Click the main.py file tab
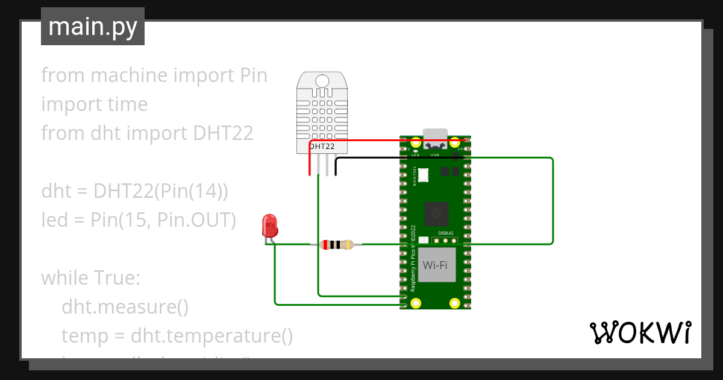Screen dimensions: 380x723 [x=92, y=27]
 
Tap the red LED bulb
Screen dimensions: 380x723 [x=269, y=226]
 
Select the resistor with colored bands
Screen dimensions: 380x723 [x=337, y=244]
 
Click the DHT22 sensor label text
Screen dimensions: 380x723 [x=322, y=146]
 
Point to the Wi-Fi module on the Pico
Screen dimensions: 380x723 [x=437, y=265]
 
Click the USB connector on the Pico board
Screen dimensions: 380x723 [x=435, y=136]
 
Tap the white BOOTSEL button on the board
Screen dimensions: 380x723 [x=424, y=175]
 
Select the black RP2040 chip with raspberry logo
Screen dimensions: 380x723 [x=436, y=213]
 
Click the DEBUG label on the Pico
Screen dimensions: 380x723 [x=446, y=232]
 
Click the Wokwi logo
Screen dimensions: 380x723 [x=639, y=332]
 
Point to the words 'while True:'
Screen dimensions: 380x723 [x=90, y=278]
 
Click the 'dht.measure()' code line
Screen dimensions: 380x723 [x=125, y=307]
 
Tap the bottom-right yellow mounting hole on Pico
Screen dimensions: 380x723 [x=455, y=303]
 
